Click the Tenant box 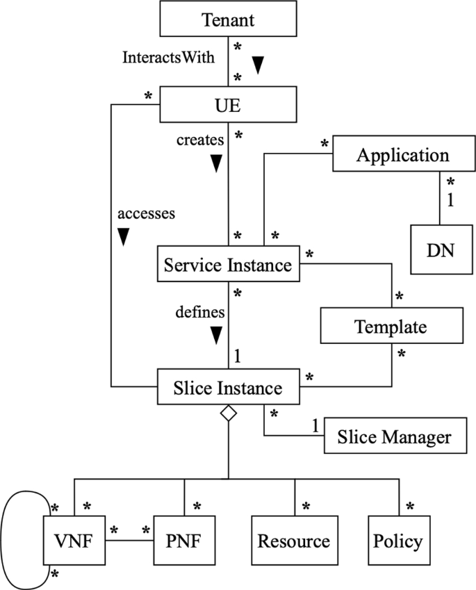click(x=228, y=19)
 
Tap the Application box click(x=402, y=154)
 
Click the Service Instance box click(x=229, y=264)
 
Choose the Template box click(x=391, y=326)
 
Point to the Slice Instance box click(x=229, y=388)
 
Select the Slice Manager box click(x=393, y=437)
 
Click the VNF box click(x=73, y=541)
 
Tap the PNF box click(x=184, y=541)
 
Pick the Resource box click(x=294, y=541)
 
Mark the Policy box click(x=397, y=541)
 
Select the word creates click(x=200, y=140)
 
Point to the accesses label click(x=145, y=213)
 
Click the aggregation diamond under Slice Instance click(x=229, y=414)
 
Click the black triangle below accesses click(x=124, y=238)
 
